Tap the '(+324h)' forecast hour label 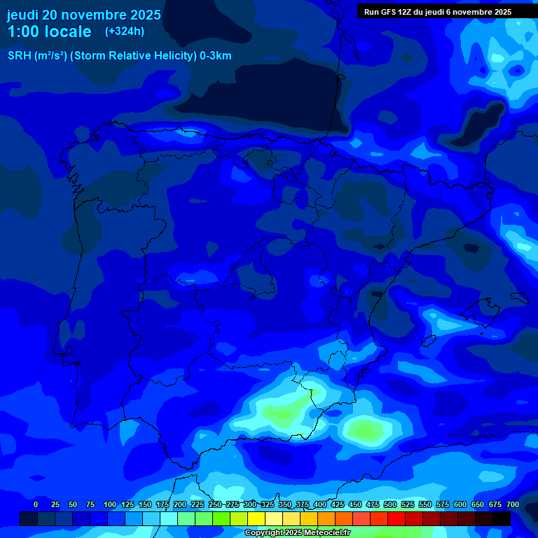pos(125,32)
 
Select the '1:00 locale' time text pos(49,32)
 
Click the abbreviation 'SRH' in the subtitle pos(20,56)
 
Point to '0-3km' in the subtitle pos(215,56)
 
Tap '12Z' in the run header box pos(405,12)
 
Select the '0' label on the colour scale pos(36,504)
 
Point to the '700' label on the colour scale pos(512,504)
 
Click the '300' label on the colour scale pos(250,504)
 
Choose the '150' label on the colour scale pos(144,504)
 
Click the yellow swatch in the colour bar pos(256,519)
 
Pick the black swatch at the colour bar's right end pos(502,519)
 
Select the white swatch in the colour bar pos(169,519)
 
